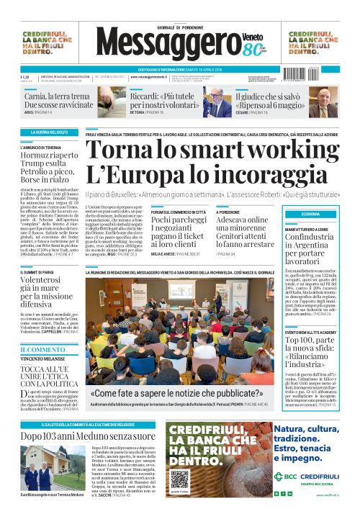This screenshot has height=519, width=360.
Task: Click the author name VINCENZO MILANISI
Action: point(44,358)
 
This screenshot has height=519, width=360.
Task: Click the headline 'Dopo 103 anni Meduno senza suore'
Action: point(87,435)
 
